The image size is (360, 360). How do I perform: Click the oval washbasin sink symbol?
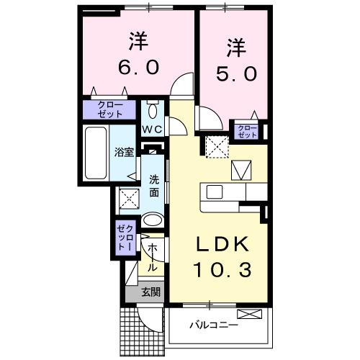pos(153,220)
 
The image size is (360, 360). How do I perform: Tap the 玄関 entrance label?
pos(150,292)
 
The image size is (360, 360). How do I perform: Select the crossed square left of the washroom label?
pos(128,197)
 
